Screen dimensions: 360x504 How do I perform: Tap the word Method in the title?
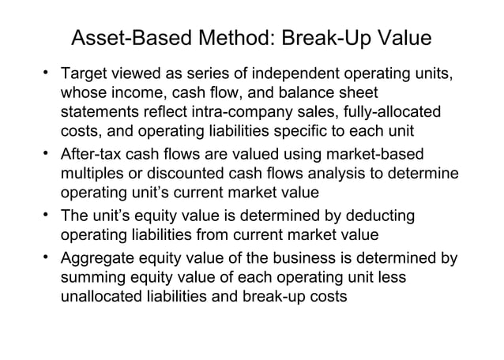(229, 39)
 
